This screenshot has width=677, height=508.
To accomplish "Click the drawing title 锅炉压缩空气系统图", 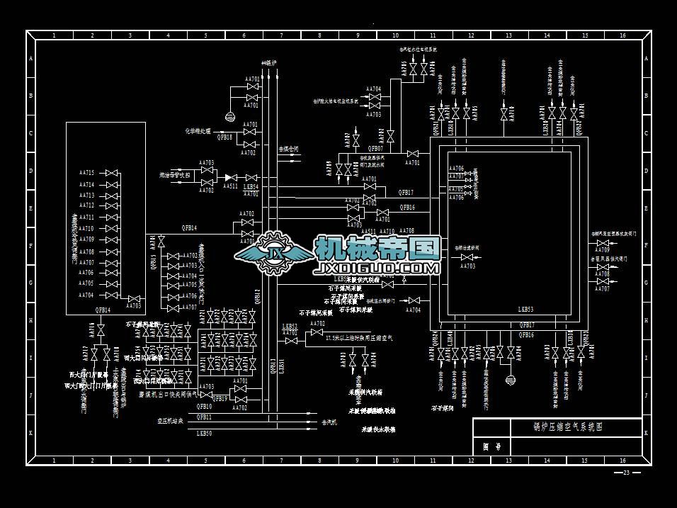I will click(x=567, y=427).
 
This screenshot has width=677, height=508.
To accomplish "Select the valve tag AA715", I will click(x=87, y=172).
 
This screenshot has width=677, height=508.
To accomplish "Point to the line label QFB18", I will click(x=224, y=137).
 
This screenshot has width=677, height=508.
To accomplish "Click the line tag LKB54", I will click(x=251, y=187).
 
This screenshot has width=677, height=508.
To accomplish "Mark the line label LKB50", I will click(x=204, y=432).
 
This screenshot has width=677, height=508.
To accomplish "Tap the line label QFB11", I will click(x=204, y=417).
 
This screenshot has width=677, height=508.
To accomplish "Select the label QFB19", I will click(x=220, y=398).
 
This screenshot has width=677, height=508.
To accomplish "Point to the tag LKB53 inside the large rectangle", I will click(x=525, y=310).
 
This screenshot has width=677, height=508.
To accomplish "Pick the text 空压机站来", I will click(x=170, y=421).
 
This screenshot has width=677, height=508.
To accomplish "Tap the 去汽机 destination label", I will click(x=329, y=422).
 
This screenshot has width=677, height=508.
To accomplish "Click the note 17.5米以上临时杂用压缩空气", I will click(x=363, y=338).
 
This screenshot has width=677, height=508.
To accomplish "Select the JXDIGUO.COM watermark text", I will click(x=377, y=269).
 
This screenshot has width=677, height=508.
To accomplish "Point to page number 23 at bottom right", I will click(x=626, y=473).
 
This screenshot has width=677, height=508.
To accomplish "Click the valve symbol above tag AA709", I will click(x=603, y=241).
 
